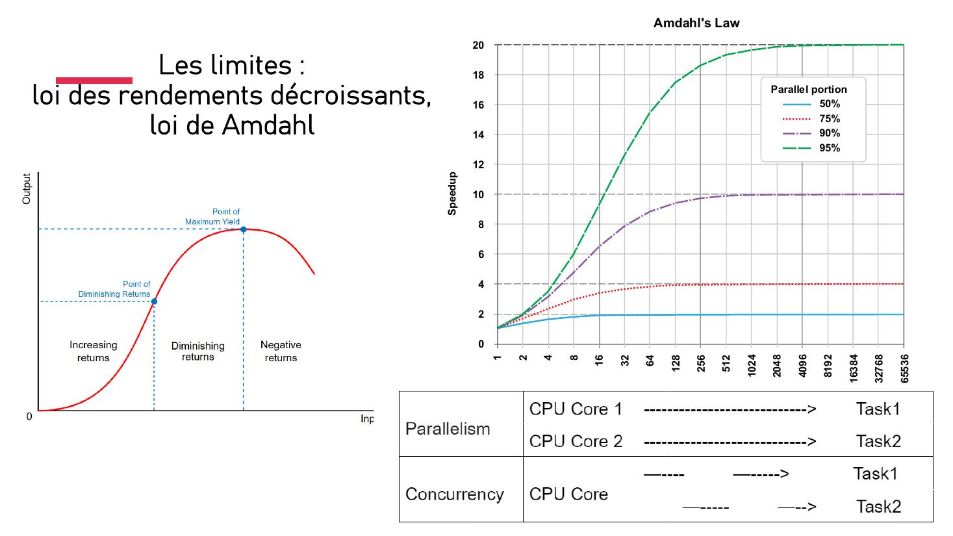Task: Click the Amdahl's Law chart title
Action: point(696,23)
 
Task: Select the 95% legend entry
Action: point(812,148)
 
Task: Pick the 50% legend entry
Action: point(812,104)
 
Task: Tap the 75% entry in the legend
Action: point(812,119)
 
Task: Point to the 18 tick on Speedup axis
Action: point(478,75)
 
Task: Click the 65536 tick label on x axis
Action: point(904,368)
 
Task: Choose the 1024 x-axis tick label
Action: point(752,365)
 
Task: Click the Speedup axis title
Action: point(452,194)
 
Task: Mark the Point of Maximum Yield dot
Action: point(244,229)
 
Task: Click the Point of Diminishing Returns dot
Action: point(154,301)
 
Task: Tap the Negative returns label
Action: point(281,351)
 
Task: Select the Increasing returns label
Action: point(93,351)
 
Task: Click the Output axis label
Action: point(27,189)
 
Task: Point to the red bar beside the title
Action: point(94,81)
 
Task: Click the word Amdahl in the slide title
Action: point(268,125)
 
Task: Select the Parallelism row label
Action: point(448,429)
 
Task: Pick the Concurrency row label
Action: point(454,494)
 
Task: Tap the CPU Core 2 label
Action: point(576,441)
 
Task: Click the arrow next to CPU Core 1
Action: point(730,410)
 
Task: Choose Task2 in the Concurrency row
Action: point(878,507)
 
